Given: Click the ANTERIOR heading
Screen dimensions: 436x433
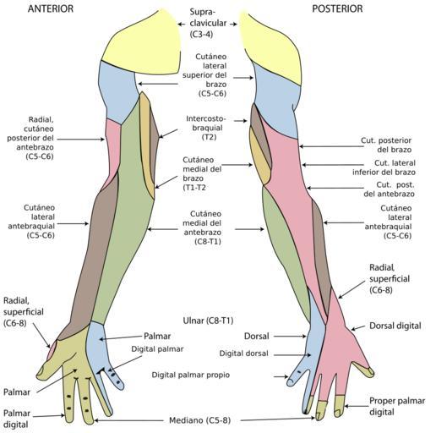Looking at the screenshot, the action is pyautogui.click(x=51, y=8).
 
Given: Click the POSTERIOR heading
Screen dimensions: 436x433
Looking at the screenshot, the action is pyautogui.click(x=337, y=8).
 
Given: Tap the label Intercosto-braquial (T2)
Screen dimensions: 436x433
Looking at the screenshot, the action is pyautogui.click(x=206, y=128).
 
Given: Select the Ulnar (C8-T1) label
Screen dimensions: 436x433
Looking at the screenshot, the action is pyautogui.click(x=208, y=321).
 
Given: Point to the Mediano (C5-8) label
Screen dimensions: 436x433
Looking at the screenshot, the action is pyautogui.click(x=199, y=420).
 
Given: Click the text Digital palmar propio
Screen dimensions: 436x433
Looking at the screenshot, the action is pyautogui.click(x=191, y=375).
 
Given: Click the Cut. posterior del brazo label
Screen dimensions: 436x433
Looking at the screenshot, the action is pyautogui.click(x=386, y=145).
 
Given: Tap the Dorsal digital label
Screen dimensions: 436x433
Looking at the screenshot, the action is pyautogui.click(x=395, y=326).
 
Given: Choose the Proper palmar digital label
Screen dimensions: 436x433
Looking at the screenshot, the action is pyautogui.click(x=397, y=406).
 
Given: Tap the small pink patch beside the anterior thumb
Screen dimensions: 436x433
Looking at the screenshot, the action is pyautogui.click(x=52, y=349).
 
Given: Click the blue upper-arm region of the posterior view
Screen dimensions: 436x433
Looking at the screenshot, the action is pyautogui.click(x=277, y=103).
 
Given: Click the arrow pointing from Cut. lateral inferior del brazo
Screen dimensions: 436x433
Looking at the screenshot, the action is pyautogui.click(x=333, y=165).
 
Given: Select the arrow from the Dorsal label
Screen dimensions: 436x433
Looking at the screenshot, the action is pyautogui.click(x=290, y=336).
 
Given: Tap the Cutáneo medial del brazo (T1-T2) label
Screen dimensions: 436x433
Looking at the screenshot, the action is pyautogui.click(x=202, y=173).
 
